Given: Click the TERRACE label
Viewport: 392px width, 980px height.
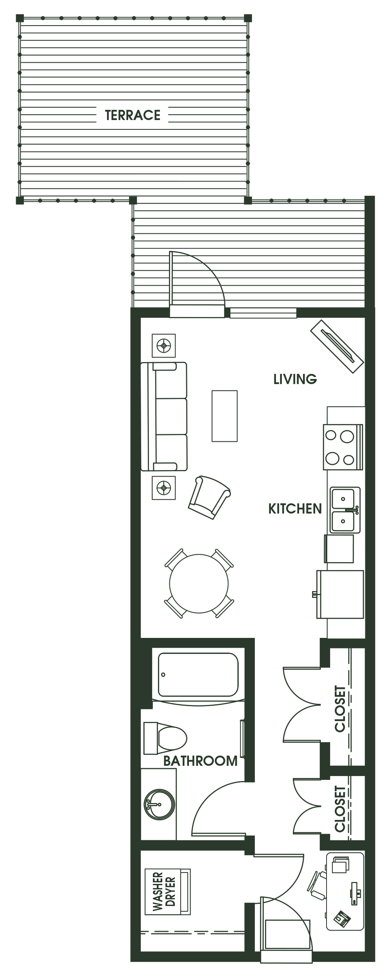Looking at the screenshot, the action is pyautogui.click(x=132, y=115).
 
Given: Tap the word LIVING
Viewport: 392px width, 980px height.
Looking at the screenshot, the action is pyautogui.click(x=295, y=379).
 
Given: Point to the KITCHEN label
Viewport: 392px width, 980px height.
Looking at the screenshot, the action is pyautogui.click(x=295, y=509).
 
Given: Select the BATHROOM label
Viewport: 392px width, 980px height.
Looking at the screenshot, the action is pyautogui.click(x=200, y=761).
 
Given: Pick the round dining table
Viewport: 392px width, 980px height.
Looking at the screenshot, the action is pyautogui.click(x=199, y=583).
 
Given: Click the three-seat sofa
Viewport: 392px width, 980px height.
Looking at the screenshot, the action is pyautogui.click(x=164, y=417).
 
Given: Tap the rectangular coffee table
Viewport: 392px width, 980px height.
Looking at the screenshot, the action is pyautogui.click(x=225, y=416).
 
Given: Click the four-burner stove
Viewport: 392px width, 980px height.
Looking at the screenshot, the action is pyautogui.click(x=343, y=447).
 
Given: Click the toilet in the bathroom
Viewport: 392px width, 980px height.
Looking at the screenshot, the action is pyautogui.click(x=165, y=738).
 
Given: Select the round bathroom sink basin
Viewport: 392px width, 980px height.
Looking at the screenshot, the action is pyautogui.click(x=159, y=804).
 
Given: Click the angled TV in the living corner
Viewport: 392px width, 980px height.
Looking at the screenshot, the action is pyautogui.click(x=338, y=347).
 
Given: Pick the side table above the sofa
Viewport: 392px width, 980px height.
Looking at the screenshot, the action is pyautogui.click(x=163, y=346).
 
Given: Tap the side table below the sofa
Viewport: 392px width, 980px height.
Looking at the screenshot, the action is pyautogui.click(x=163, y=488).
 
